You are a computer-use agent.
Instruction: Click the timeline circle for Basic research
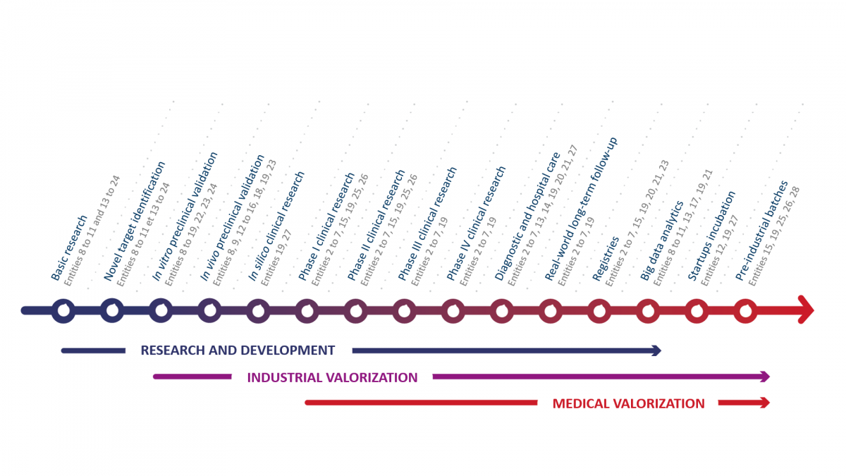pos(63,310)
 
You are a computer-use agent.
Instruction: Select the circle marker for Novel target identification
pos(112,310)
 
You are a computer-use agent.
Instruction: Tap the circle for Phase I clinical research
pos(307,310)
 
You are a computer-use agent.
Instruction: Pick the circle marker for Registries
pos(599,310)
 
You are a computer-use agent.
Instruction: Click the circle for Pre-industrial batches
pos(745,310)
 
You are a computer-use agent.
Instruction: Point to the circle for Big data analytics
pos(648,310)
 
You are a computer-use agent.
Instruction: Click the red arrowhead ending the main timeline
pos(806,310)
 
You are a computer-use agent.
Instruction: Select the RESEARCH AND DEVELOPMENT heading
pos(238,350)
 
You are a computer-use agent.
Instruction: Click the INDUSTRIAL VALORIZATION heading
pos(332,377)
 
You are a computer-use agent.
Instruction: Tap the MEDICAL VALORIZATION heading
pos(628,403)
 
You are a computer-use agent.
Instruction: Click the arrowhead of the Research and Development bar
pos(657,350)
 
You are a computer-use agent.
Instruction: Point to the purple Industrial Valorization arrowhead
pos(765,377)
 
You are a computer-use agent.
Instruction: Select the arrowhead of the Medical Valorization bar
pos(765,403)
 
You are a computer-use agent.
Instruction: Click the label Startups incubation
pos(712,236)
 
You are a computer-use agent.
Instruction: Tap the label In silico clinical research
pos(276,226)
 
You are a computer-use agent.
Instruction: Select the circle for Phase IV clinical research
pos(453,310)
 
